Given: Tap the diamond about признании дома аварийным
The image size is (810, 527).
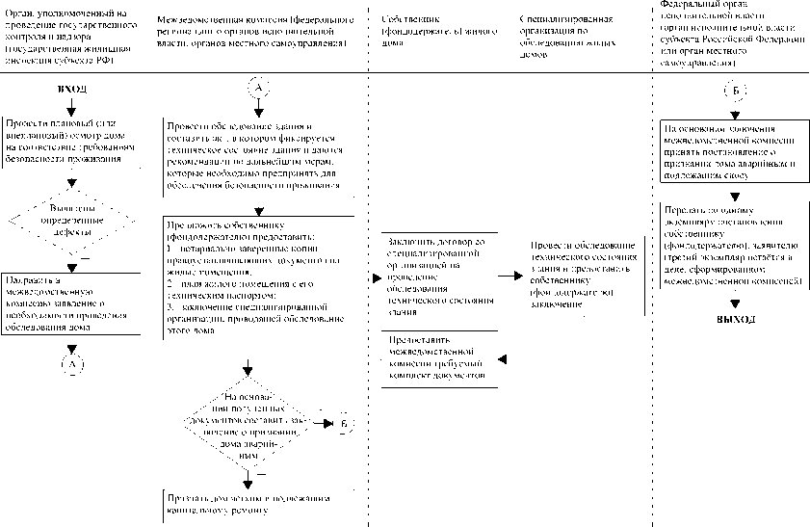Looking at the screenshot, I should pyautogui.click(x=249, y=423).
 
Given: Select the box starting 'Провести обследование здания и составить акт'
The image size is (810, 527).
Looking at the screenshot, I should pyautogui.click(x=260, y=154).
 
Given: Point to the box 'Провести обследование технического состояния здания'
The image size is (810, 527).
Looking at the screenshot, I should pyautogui.click(x=584, y=274).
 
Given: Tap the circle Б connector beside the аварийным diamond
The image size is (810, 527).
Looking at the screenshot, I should pyautogui.click(x=345, y=424).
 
